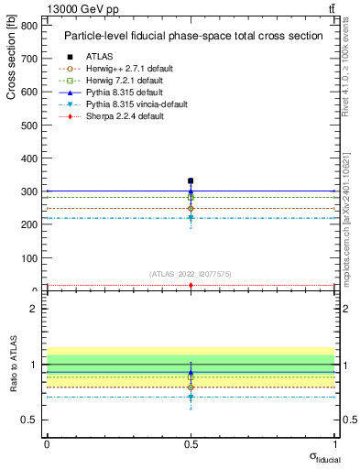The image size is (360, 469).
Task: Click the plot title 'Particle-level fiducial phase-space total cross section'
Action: coord(192,37)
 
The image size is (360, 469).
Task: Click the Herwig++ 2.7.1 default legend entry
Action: coord(122,69)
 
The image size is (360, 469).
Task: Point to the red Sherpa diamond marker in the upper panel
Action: coord(191,286)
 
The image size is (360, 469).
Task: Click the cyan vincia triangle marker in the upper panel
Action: coord(191,218)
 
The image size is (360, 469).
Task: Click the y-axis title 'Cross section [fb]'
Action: coord(12,59)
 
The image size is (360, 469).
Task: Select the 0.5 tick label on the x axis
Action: coord(191,442)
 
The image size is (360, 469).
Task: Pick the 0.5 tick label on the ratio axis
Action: coord(29,420)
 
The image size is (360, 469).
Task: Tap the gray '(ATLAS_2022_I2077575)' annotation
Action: coord(191,274)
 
